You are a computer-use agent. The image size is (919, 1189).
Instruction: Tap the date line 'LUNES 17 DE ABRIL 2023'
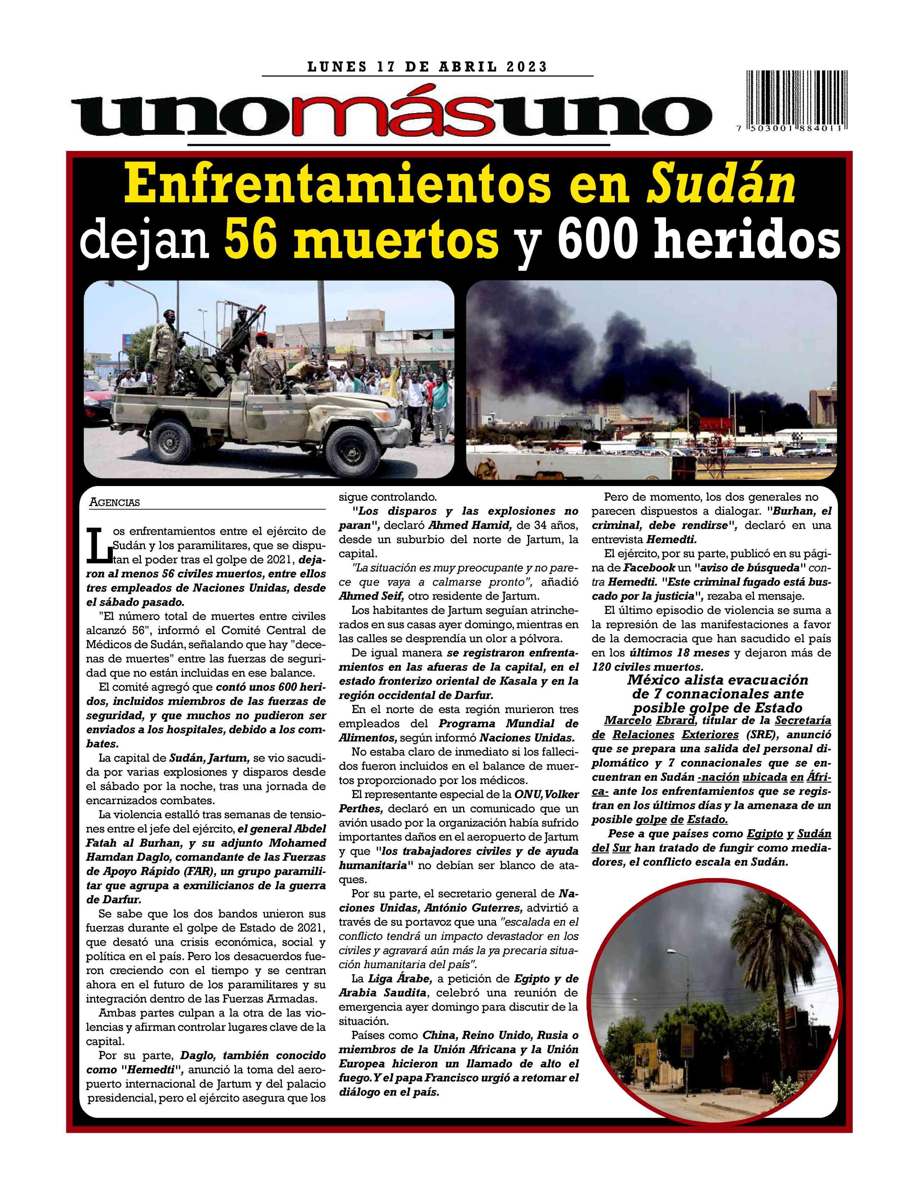point(427,67)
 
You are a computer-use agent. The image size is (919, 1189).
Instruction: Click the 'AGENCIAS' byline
point(114,503)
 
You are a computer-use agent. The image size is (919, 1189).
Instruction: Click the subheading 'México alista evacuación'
point(718,680)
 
